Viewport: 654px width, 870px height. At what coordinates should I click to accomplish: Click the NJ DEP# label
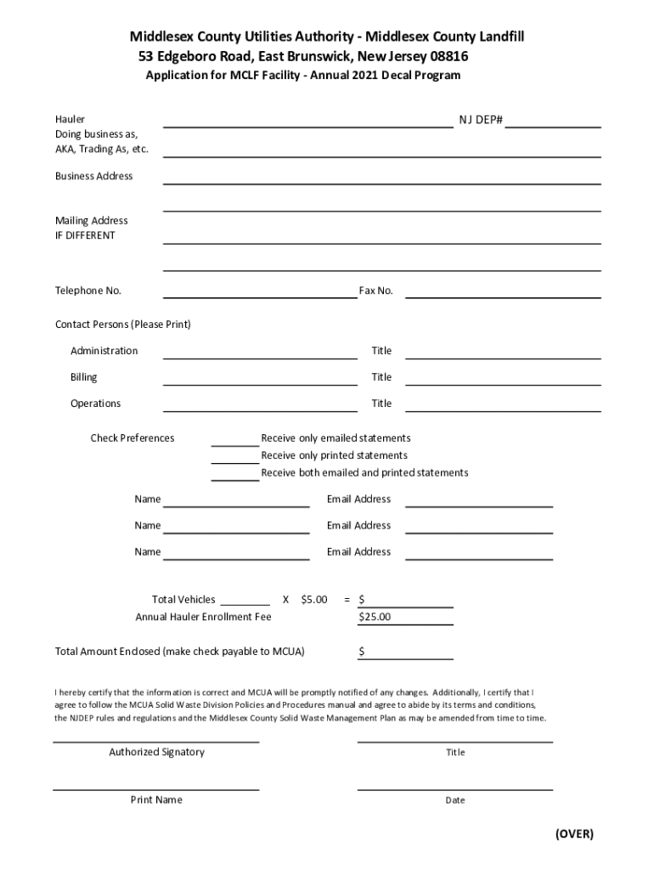point(481,120)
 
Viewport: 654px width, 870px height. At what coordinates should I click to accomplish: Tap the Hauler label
point(70,120)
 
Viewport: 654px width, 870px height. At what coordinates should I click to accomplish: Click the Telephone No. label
point(88,291)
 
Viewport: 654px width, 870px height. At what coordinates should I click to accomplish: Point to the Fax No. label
point(375,291)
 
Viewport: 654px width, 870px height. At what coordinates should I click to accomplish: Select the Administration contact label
point(104,351)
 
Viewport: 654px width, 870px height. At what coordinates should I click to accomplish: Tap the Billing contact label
point(84,377)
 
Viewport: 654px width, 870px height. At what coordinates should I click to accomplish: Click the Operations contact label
point(95,404)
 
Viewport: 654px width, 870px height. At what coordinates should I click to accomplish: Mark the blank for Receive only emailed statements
point(235,440)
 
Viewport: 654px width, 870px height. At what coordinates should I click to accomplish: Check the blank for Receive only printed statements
point(235,458)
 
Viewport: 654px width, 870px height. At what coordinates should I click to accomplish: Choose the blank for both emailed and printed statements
point(235,475)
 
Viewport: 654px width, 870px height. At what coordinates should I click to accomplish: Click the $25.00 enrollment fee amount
point(375,617)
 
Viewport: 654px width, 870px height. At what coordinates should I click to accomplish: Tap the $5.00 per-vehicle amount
point(314,600)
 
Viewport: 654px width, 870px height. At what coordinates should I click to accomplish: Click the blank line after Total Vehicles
point(245,601)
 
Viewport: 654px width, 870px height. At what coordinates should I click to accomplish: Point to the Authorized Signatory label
point(156,752)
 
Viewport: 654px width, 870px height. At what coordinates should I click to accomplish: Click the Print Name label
point(156,799)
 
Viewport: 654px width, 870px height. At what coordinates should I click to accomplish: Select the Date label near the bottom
point(455,800)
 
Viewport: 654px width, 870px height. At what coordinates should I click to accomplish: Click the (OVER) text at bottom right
point(574,833)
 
